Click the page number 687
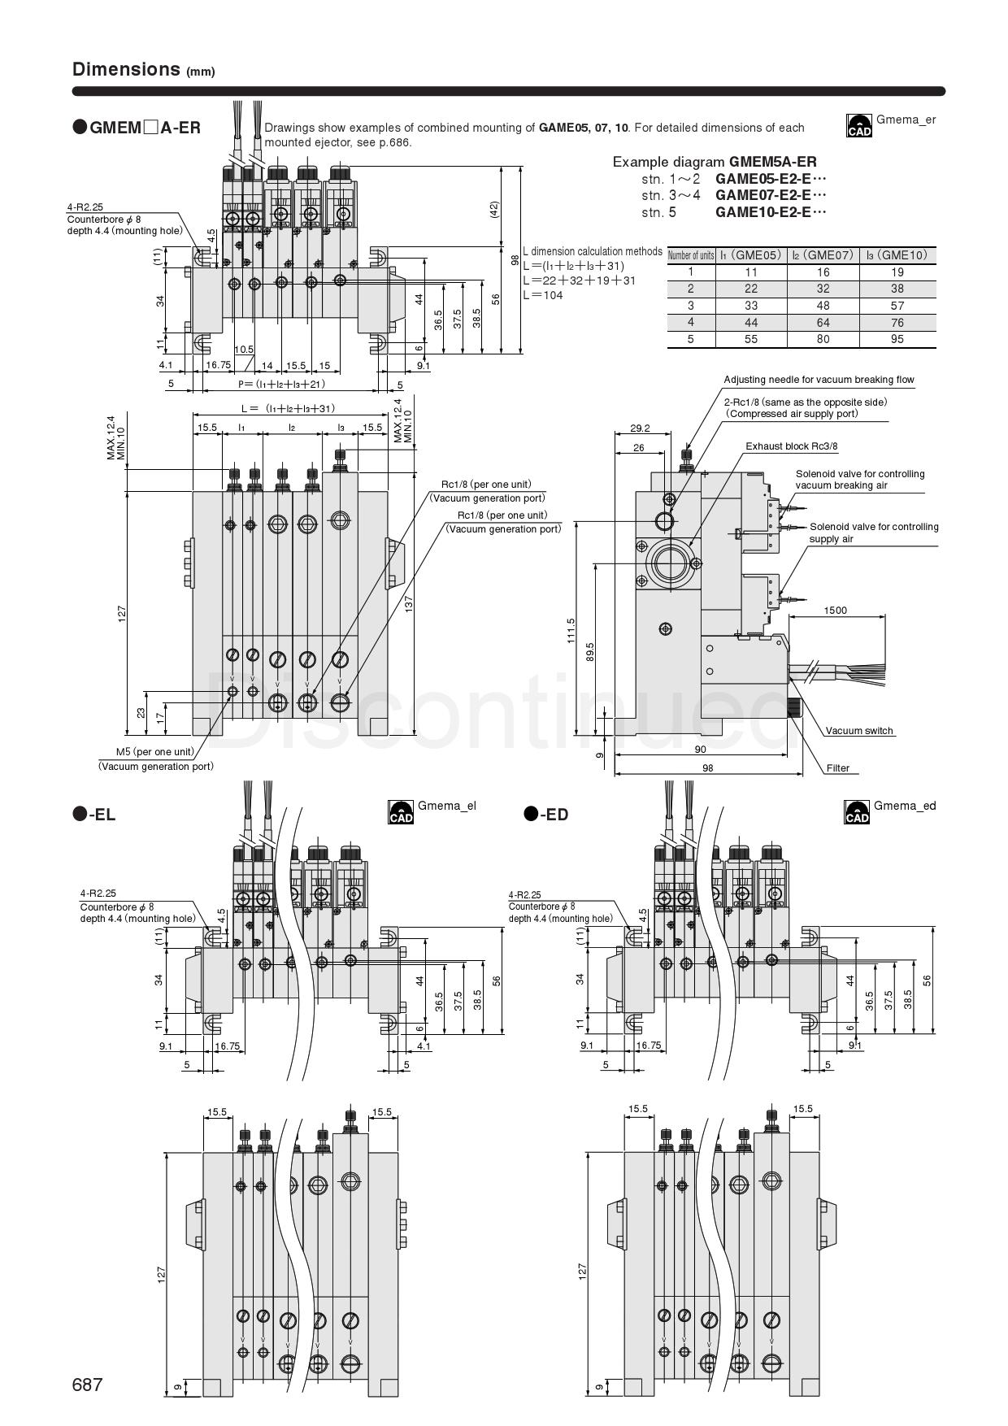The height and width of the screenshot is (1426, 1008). (x=88, y=1385)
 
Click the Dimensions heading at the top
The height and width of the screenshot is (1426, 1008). (x=126, y=69)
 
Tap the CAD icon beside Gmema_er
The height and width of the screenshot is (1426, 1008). (x=859, y=125)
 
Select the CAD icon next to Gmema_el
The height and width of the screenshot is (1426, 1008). (x=401, y=811)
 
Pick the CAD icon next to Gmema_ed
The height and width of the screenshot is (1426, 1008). (x=857, y=811)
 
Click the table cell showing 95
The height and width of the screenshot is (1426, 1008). (x=897, y=339)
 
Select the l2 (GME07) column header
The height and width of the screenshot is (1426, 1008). (x=823, y=255)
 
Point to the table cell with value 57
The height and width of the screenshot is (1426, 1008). (x=897, y=306)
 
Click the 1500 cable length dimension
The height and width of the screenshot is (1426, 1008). (x=835, y=610)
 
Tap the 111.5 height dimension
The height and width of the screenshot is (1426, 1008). (x=571, y=632)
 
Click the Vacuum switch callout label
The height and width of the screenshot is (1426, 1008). (x=859, y=731)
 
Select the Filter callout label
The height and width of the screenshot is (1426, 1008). (x=837, y=767)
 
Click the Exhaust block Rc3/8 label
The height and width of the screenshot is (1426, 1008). (x=791, y=446)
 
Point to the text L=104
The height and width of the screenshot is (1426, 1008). (x=544, y=295)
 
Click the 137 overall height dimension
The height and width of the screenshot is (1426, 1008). (x=409, y=602)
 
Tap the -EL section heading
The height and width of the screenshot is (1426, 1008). (x=94, y=814)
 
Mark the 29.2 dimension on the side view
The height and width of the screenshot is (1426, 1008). (x=640, y=428)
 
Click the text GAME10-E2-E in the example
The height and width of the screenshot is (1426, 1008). (x=770, y=212)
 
